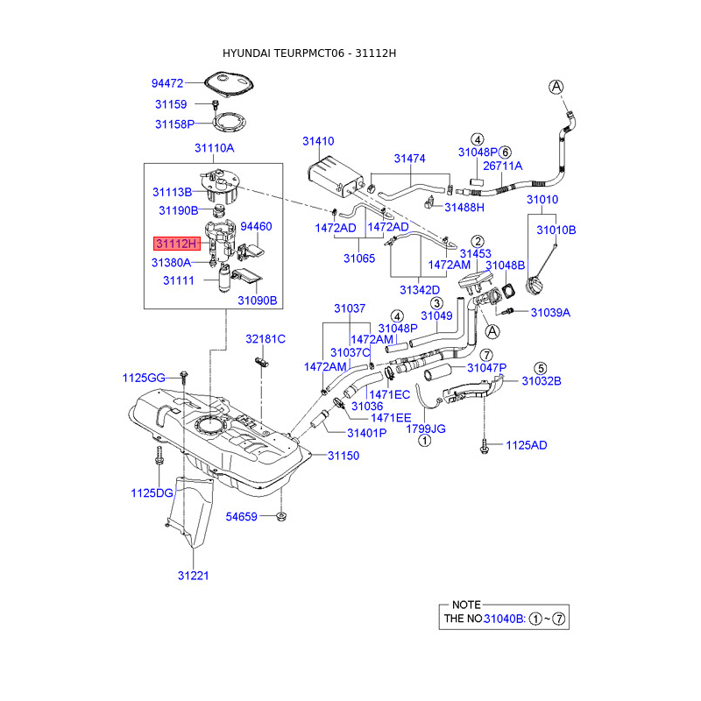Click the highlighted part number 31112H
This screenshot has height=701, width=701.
[177, 243]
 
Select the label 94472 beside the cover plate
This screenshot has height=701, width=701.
[166, 84]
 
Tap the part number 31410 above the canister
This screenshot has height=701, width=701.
[318, 141]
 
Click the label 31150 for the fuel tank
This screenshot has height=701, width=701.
[343, 456]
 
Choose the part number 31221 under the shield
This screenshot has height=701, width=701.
[193, 576]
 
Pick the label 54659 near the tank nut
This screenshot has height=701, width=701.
[240, 517]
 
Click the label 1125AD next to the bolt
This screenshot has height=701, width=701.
[526, 445]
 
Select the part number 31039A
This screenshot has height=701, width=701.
[549, 312]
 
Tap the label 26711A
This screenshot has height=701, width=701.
[502, 165]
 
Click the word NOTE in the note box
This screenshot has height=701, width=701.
[466, 605]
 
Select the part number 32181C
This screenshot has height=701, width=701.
[266, 338]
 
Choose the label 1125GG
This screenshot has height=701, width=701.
[144, 378]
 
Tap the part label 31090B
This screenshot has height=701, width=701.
[257, 299]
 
